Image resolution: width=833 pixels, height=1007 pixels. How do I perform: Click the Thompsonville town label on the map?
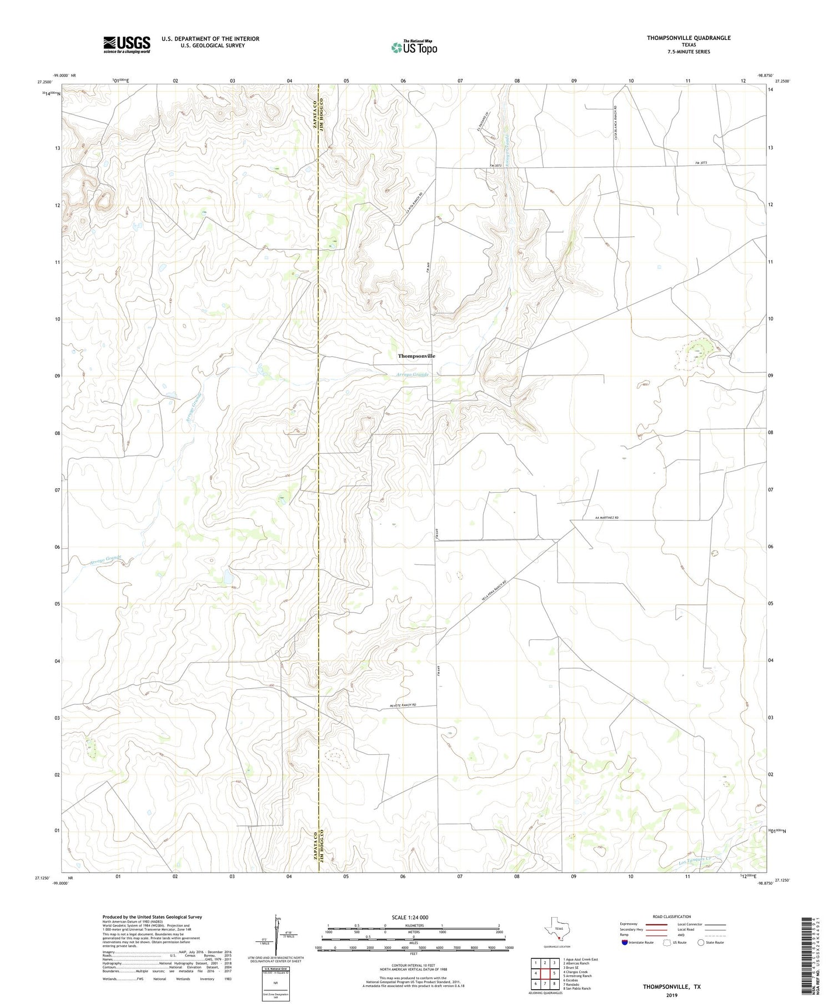click(x=416, y=355)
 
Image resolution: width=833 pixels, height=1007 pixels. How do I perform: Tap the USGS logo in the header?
click(x=127, y=44)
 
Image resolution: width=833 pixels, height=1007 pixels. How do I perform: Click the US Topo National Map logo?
click(x=414, y=47)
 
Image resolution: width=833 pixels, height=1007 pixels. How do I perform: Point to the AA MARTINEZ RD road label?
click(x=606, y=518)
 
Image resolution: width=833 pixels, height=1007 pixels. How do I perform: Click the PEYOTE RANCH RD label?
click(x=403, y=705)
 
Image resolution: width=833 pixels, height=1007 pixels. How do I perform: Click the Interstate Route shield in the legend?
click(x=625, y=943)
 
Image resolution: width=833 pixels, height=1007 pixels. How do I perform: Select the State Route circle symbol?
click(x=701, y=943)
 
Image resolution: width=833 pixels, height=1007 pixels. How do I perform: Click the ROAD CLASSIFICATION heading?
click(x=671, y=916)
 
